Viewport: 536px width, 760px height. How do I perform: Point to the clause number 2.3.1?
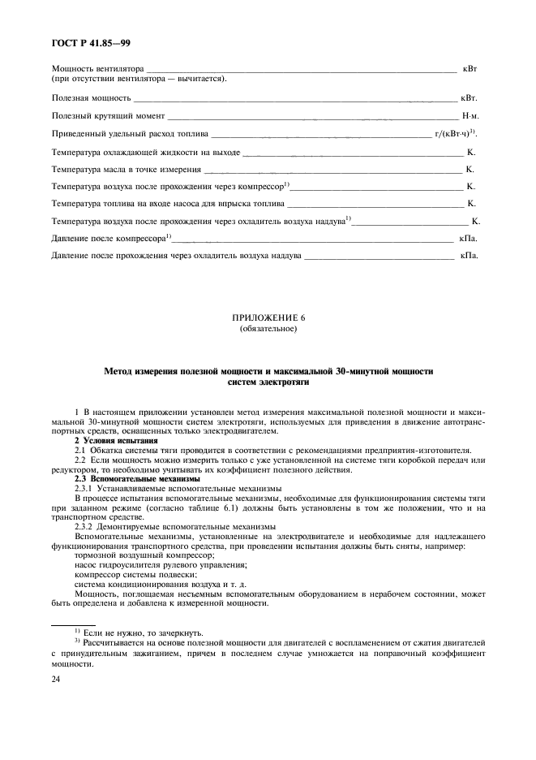[84, 488]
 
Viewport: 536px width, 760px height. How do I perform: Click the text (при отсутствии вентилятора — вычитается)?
[139, 79]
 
